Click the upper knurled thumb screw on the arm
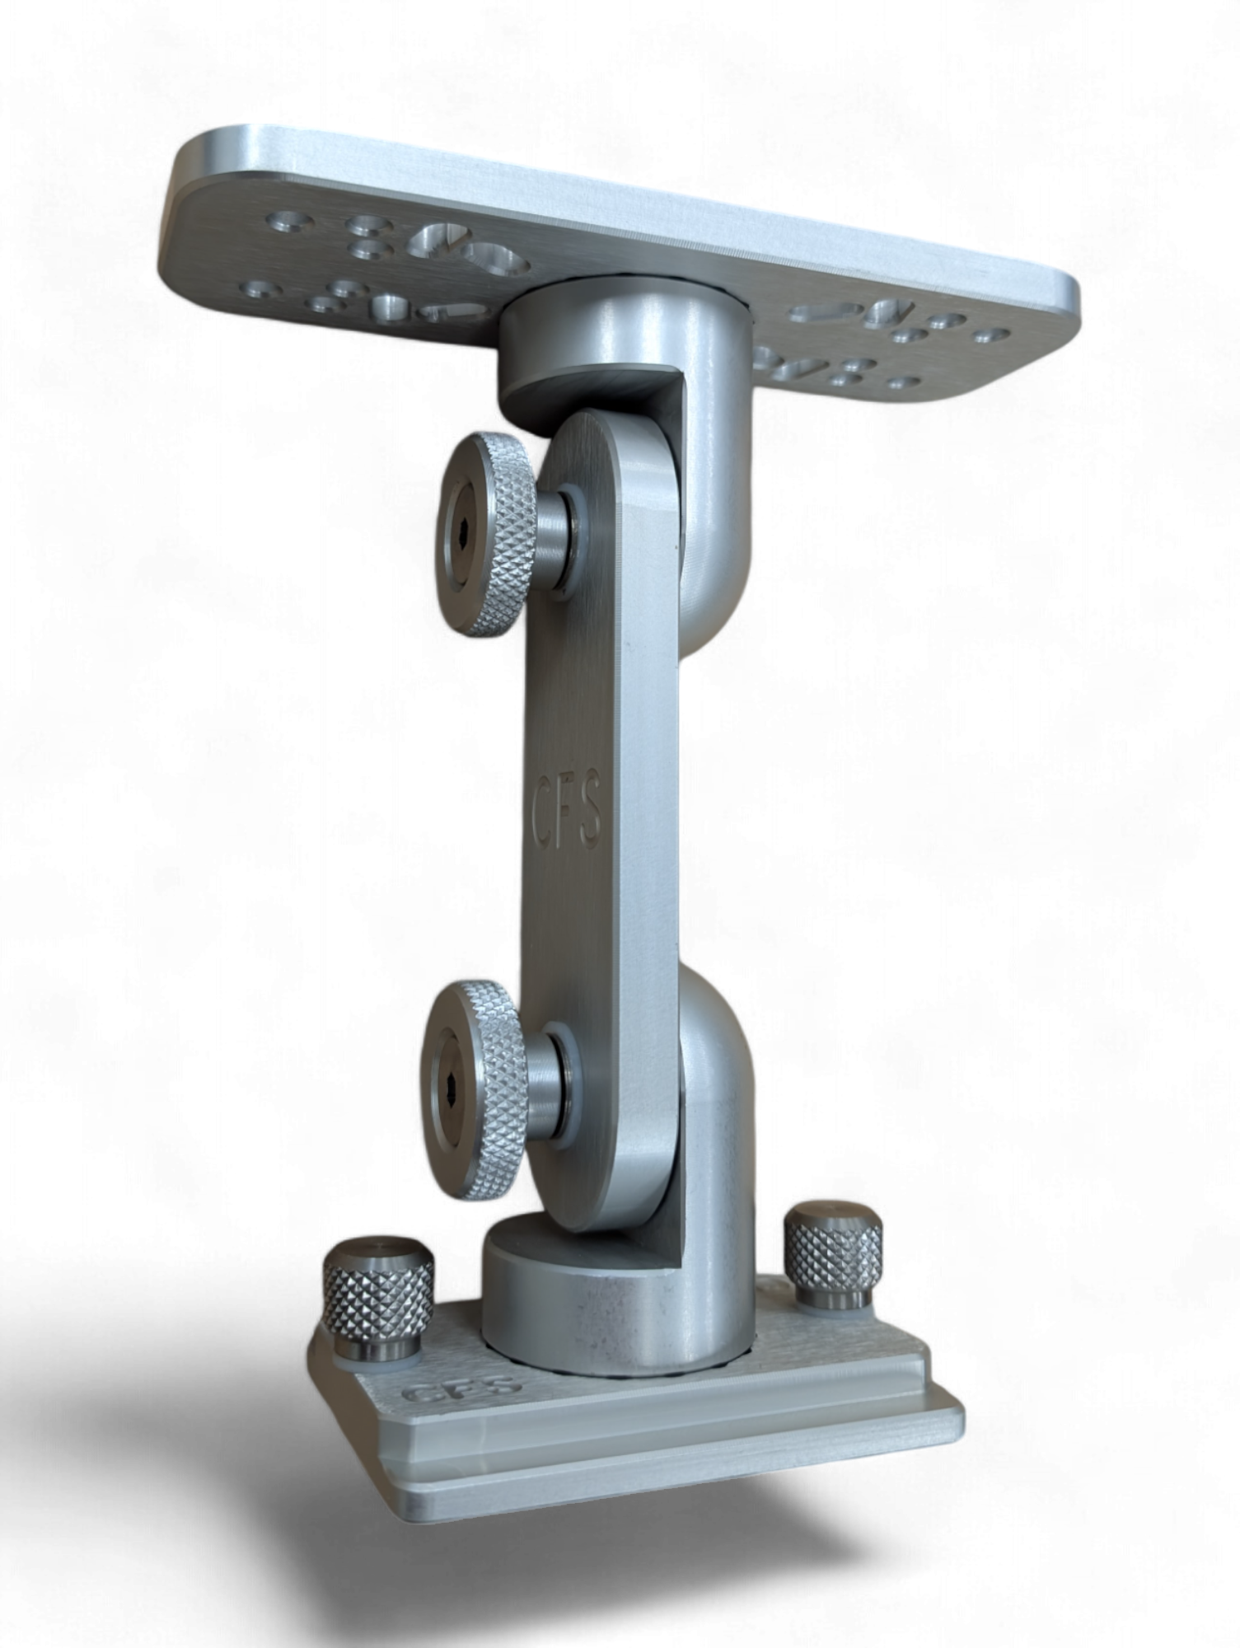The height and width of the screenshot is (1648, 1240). (494, 536)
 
